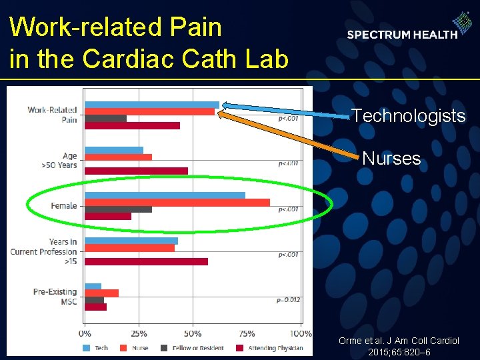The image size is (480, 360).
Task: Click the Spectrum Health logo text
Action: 402,35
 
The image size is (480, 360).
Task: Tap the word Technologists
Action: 408,116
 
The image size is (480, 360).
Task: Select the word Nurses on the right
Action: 391,159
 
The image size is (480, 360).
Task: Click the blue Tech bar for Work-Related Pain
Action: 152,105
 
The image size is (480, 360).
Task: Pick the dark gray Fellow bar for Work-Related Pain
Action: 105,119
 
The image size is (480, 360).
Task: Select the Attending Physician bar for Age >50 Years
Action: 136,171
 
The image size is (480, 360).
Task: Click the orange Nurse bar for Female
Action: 177,202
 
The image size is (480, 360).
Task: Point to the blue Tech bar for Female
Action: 165,195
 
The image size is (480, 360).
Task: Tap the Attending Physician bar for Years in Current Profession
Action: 146,261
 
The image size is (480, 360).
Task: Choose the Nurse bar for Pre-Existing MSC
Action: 101,293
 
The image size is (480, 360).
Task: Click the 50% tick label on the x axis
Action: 193,333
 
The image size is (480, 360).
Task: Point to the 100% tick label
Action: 301,333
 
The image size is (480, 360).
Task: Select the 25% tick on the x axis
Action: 139,333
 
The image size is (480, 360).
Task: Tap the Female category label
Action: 63,206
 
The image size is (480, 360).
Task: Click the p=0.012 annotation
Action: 288,300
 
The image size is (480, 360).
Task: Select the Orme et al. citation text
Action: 399,346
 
